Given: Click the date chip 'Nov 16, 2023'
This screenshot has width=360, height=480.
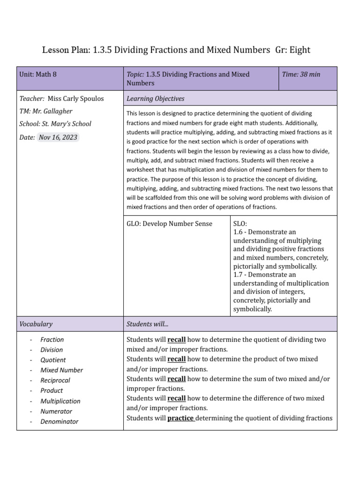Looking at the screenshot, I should click(58, 137).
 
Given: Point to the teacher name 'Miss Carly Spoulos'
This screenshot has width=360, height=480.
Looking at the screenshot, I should click(76, 99).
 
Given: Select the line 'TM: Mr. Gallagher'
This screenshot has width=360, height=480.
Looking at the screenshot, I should click(46, 112).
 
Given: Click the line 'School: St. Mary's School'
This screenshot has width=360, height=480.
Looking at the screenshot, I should click(55, 124).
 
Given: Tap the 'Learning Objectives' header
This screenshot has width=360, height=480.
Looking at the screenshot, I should click(156, 99).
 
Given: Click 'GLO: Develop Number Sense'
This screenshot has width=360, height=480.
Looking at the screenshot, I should click(169, 224).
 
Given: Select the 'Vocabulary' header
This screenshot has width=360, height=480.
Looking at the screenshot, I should click(36, 324).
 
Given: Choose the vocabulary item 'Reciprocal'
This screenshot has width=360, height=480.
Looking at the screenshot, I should click(55, 380).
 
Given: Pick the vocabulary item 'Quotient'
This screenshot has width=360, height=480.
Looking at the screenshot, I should click(53, 360).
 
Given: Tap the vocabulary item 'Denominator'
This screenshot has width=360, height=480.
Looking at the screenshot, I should click(59, 421).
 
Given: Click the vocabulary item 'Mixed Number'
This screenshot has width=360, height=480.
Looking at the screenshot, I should click(61, 370).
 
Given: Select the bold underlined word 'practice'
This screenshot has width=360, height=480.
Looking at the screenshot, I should click(180, 418).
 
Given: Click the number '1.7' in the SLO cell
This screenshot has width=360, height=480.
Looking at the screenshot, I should click(238, 275).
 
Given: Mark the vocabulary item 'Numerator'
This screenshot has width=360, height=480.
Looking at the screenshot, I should click(56, 411).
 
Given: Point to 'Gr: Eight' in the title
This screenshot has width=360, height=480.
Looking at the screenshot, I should click(293, 49).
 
